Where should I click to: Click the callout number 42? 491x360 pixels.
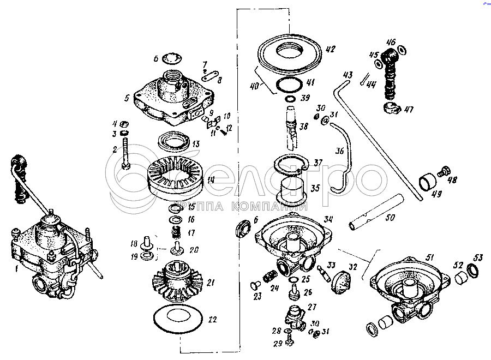coord(330,49)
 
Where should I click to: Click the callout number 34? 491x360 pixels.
coord(327,219)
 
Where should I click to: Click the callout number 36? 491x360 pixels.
coord(340,152)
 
